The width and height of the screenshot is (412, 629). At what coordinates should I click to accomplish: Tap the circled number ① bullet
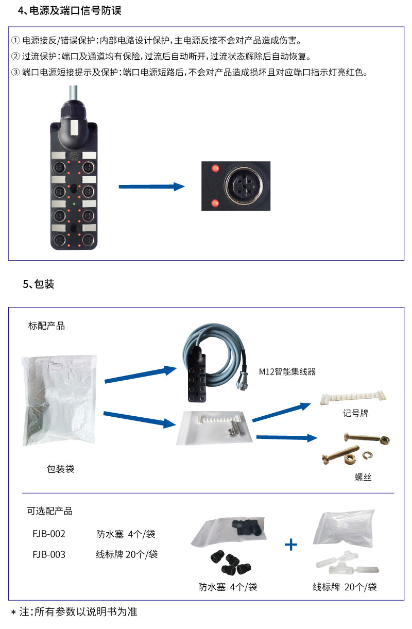15,41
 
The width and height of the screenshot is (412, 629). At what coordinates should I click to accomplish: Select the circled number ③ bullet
15,73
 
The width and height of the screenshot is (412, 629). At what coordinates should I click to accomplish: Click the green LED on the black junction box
74,204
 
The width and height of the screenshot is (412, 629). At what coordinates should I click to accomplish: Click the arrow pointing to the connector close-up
151,186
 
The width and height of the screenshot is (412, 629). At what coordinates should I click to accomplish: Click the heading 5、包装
39,284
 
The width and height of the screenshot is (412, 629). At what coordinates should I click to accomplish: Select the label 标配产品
46,326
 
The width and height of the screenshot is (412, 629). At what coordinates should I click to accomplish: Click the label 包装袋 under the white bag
60,469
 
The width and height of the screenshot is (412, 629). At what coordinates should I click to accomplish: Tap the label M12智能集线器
287,371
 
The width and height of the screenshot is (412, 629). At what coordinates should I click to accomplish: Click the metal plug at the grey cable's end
244,384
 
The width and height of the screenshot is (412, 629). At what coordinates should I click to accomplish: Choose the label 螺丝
363,478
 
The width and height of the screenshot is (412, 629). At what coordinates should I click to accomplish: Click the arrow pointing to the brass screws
286,437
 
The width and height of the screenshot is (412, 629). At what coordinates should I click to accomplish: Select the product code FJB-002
49,534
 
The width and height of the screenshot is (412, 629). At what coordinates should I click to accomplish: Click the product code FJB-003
49,555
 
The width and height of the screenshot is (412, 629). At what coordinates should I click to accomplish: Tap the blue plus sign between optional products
291,545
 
